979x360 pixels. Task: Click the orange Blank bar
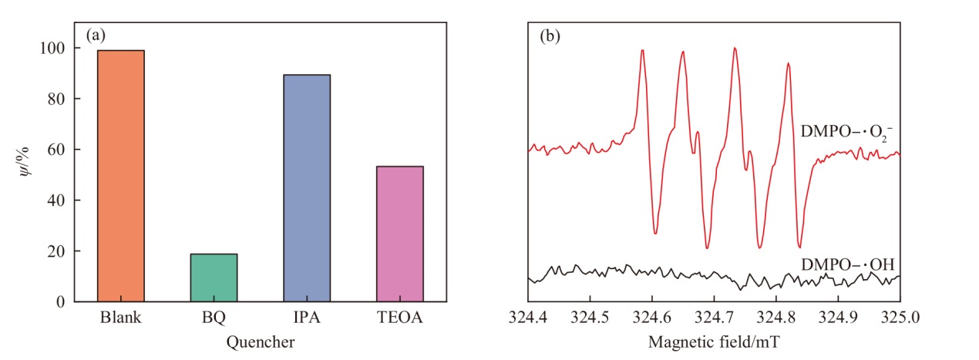(x=120, y=176)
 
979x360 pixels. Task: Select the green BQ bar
(x=214, y=278)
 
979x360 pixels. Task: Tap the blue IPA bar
(x=307, y=188)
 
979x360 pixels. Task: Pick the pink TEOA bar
(x=400, y=234)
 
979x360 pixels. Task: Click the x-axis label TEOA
(x=400, y=317)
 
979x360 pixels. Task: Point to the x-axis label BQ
(x=214, y=318)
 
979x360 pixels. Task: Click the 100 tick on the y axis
(x=52, y=48)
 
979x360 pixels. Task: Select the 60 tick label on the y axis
(x=56, y=150)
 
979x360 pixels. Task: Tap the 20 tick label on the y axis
(x=56, y=251)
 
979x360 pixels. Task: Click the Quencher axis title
(x=261, y=342)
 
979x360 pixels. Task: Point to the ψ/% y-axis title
(x=25, y=162)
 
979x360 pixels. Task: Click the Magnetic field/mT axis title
(x=714, y=342)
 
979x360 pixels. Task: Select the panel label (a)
(x=96, y=35)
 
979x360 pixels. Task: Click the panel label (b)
(x=550, y=35)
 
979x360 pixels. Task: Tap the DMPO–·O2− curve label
(x=846, y=133)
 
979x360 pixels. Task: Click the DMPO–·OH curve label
(x=847, y=264)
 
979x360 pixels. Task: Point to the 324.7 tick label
(x=714, y=317)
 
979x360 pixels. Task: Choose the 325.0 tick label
(x=900, y=317)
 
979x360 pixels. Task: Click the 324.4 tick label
(x=528, y=317)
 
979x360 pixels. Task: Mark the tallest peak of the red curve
(x=735, y=48)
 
